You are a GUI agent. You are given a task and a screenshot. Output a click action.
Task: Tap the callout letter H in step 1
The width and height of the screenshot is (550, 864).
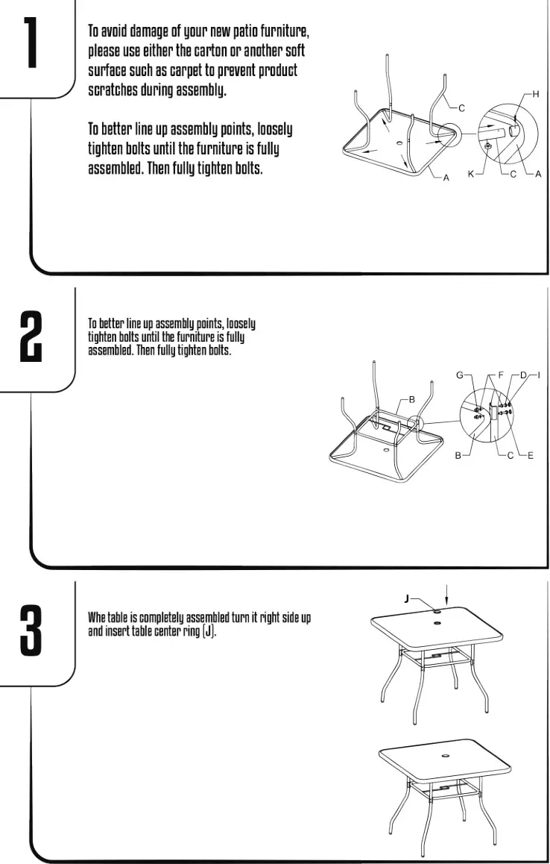535,94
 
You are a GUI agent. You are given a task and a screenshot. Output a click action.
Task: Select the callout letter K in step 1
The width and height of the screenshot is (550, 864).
470,175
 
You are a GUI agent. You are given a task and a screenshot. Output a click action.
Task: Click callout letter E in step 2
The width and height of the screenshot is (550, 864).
531,454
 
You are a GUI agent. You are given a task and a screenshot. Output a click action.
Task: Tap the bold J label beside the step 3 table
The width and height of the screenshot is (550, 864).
407,598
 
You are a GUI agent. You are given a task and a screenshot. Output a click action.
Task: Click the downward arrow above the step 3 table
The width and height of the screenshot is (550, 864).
446,595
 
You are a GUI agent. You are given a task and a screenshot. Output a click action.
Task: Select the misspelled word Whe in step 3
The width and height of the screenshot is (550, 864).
98,618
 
